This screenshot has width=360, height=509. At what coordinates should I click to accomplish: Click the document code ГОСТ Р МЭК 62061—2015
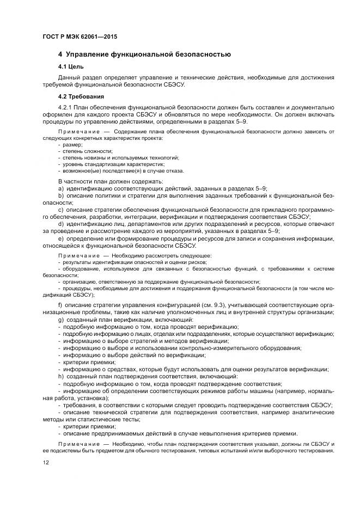(80, 37)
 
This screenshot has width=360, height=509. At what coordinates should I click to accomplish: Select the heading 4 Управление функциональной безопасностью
(144, 54)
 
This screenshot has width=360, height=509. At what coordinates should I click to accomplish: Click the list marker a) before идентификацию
(60, 188)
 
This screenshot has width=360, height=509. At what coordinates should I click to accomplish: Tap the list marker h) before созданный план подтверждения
(60, 376)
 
